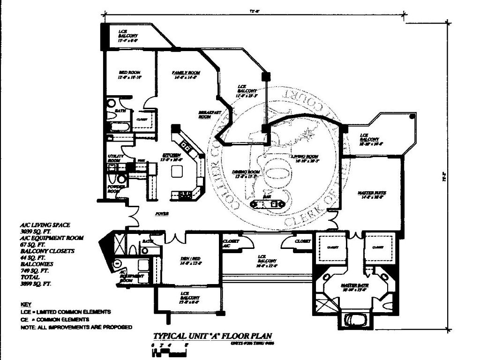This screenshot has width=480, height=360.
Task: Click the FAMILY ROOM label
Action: tap(186, 73)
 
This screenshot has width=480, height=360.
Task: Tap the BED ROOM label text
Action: tap(128, 72)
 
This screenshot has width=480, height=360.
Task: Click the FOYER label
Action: tap(162, 213)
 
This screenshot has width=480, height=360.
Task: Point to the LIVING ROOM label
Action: tap(305, 156)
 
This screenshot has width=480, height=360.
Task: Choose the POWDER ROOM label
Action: tap(114, 188)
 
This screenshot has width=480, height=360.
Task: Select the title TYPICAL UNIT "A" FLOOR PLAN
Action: tap(212, 336)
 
